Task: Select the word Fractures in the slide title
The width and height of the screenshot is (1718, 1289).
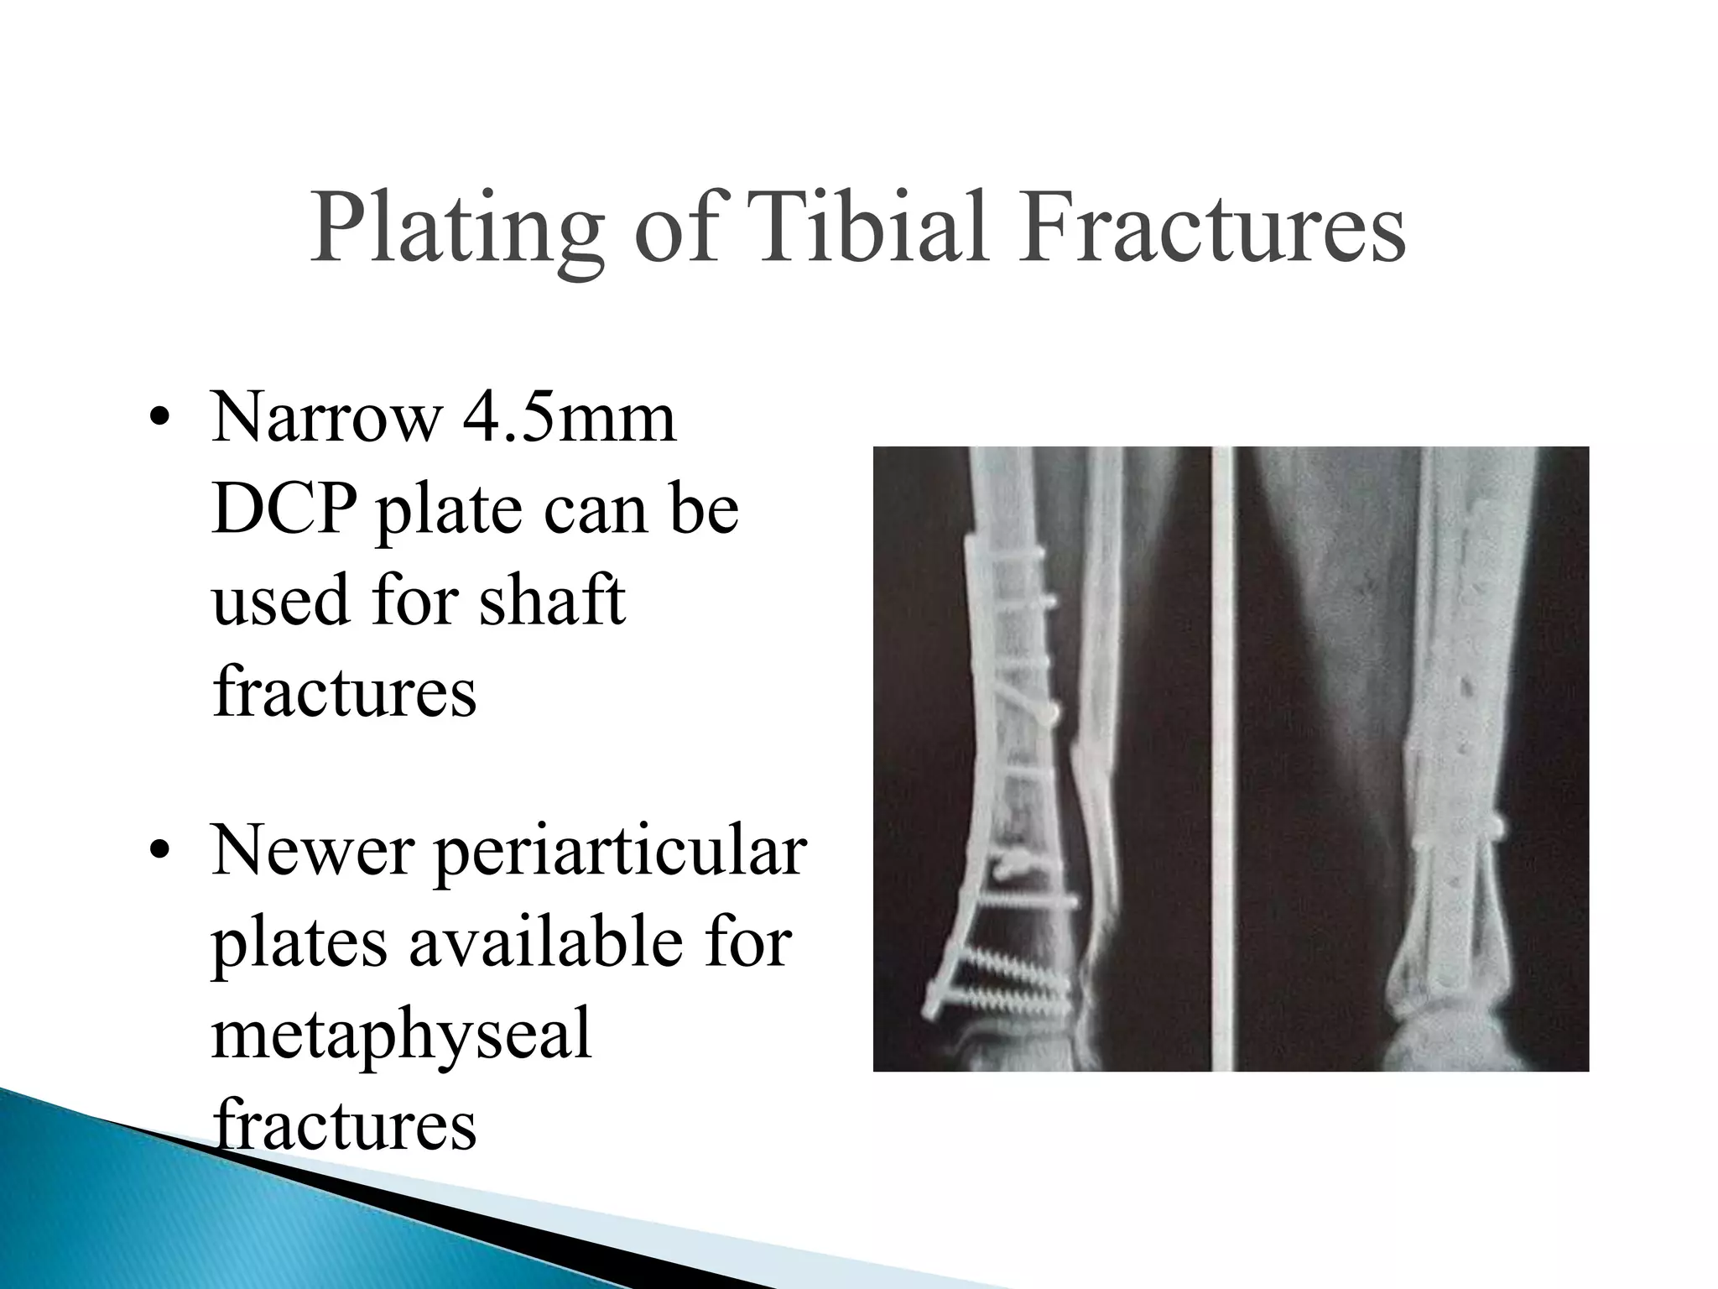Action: point(1211,228)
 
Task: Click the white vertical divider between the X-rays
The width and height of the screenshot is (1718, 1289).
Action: point(1222,755)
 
